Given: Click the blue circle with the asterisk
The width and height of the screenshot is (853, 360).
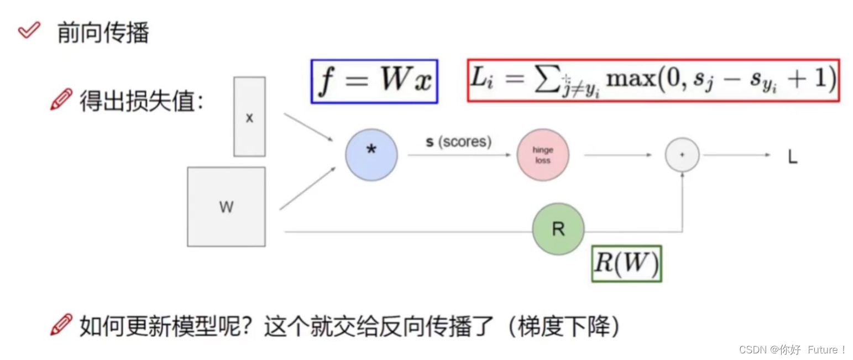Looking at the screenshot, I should coord(371,154).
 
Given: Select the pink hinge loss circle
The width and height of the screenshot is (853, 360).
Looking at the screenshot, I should coord(542,155).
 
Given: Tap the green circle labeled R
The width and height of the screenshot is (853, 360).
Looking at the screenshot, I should coord(558,229).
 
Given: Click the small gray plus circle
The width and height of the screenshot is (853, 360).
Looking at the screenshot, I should coord(682,155).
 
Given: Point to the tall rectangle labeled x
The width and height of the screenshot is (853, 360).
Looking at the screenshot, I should coord(249,117).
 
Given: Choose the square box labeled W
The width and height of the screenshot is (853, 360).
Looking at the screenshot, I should coord(226,207).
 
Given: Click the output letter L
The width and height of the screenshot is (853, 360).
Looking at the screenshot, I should coord(792,158).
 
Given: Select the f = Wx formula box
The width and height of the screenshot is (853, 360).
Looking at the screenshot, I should coord(374,82).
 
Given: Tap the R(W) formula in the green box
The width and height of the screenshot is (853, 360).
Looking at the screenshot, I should coord(626,264).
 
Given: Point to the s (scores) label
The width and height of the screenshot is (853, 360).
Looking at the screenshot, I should coord(458,142).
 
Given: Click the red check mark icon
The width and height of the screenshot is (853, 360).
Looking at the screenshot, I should coord(29,32).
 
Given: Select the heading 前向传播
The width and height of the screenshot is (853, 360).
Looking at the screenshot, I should coord(103,33).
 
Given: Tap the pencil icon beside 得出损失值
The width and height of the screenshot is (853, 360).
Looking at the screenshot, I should coord(61,100).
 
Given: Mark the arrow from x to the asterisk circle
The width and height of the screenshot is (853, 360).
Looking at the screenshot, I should coord(310,128).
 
